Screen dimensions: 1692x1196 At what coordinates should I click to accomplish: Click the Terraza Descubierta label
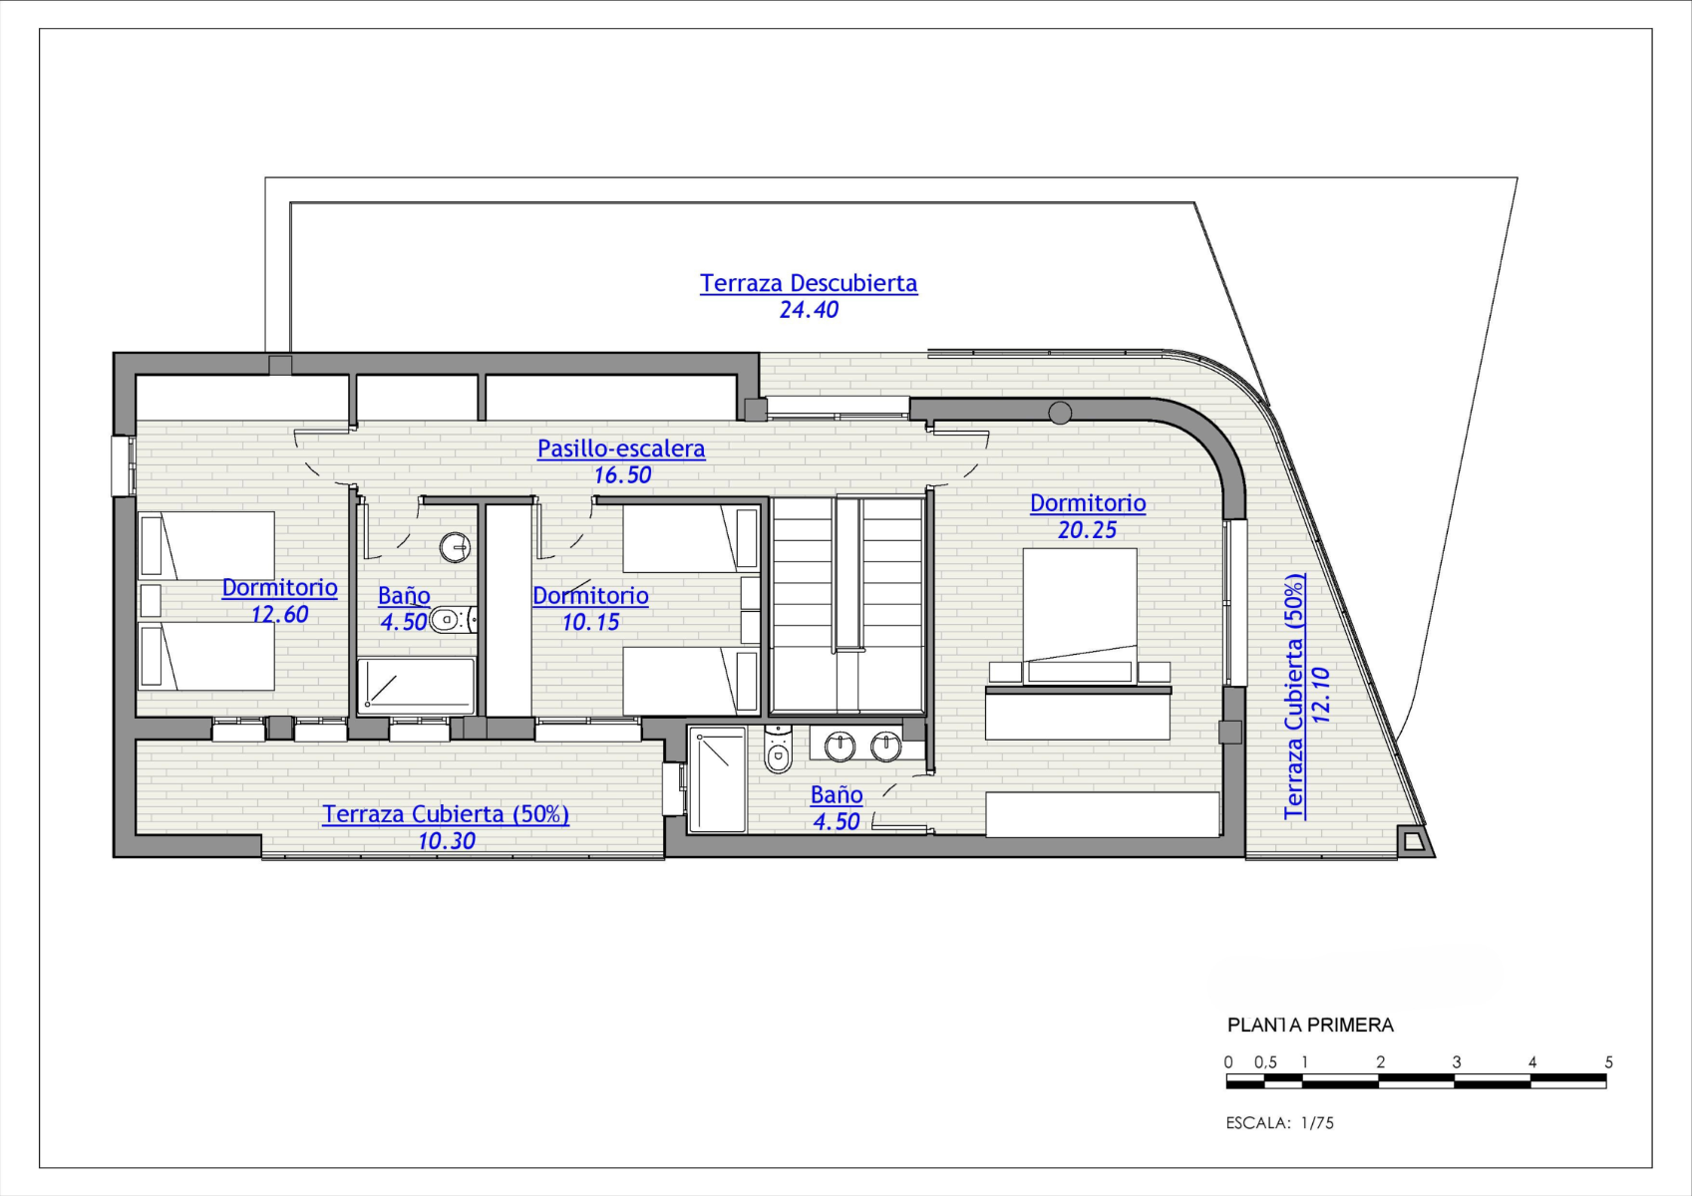coord(809,283)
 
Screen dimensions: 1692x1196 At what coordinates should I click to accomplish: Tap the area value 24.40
coord(809,310)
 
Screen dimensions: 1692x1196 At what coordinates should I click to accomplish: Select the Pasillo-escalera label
coord(621,448)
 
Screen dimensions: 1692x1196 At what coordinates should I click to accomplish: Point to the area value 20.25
coord(1087,530)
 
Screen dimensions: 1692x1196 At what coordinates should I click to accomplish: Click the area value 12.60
coord(279,615)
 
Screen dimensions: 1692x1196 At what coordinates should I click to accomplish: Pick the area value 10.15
coord(590,622)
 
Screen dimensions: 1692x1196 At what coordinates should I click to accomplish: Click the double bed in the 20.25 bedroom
coord(1080,616)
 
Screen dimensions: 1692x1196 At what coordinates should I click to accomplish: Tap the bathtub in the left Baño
coord(416,686)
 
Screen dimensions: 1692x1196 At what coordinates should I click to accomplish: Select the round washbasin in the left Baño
coord(455,546)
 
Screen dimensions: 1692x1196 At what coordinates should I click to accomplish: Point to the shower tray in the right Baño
coord(717,780)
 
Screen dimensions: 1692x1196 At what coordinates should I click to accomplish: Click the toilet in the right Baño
coord(778,749)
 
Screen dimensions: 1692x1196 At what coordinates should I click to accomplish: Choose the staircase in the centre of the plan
coord(847,605)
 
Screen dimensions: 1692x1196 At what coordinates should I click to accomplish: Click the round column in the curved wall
coord(1060,413)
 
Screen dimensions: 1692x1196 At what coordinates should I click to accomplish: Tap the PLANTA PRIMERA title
coord(1310,1026)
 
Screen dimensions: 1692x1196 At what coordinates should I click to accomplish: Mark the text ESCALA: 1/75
coord(1279,1123)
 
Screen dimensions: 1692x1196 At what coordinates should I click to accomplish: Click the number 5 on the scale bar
coord(1608,1062)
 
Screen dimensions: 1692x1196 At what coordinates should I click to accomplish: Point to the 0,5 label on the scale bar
coord(1265,1062)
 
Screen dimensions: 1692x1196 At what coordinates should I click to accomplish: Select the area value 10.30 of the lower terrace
coord(447,841)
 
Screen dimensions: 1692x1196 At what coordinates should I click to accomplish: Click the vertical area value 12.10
coord(1320,695)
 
